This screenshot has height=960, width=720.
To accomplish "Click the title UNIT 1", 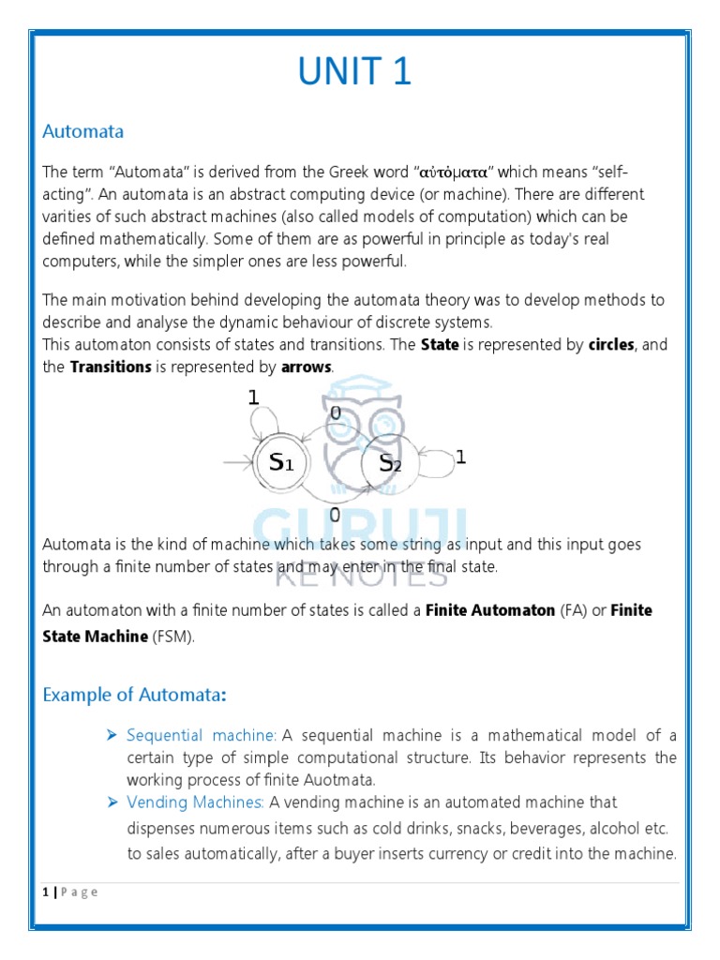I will click(355, 71).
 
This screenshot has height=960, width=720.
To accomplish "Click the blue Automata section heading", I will click(82, 131).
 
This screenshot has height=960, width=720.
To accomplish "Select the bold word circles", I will click(611, 345).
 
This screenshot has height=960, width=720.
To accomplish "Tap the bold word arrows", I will click(307, 367).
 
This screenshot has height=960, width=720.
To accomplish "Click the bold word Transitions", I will click(111, 367).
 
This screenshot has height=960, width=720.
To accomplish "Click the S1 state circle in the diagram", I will click(280, 461).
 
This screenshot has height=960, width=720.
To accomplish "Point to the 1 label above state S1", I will click(253, 397).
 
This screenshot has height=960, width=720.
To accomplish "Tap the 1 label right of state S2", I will click(460, 457).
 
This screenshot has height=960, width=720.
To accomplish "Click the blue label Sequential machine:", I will click(202, 735).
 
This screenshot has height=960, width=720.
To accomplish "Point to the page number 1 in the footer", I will click(45, 892).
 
